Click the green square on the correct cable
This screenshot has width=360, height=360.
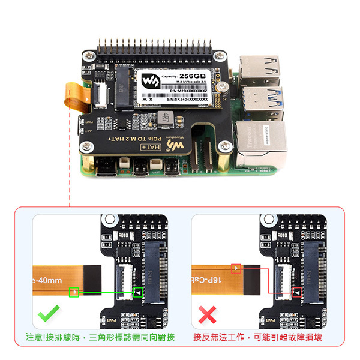(x=74, y=293)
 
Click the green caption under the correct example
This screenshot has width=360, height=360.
(x=100, y=338)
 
